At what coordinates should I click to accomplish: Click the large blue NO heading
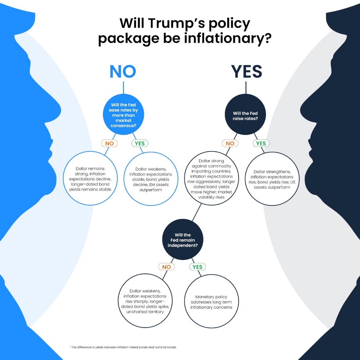click(x=123, y=71)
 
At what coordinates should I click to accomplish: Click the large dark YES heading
click(x=247, y=72)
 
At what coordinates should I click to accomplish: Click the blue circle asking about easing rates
click(x=123, y=115)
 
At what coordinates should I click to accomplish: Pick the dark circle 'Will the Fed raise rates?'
click(x=245, y=116)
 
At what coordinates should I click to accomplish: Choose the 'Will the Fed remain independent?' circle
click(x=183, y=240)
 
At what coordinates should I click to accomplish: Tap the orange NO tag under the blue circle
click(x=109, y=143)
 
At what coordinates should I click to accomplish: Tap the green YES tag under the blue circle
click(x=140, y=143)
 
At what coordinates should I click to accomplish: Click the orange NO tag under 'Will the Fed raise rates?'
click(x=230, y=143)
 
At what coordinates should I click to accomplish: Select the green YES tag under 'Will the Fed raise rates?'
click(x=261, y=143)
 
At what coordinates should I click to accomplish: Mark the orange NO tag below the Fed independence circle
click(x=166, y=267)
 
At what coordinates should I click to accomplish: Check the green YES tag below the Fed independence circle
click(x=197, y=267)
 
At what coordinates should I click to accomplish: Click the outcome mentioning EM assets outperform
click(x=151, y=179)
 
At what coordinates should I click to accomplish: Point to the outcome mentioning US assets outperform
click(x=272, y=179)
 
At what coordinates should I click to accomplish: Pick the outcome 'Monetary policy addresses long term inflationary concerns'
click(x=211, y=302)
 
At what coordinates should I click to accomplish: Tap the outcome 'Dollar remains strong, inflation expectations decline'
click(x=90, y=179)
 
